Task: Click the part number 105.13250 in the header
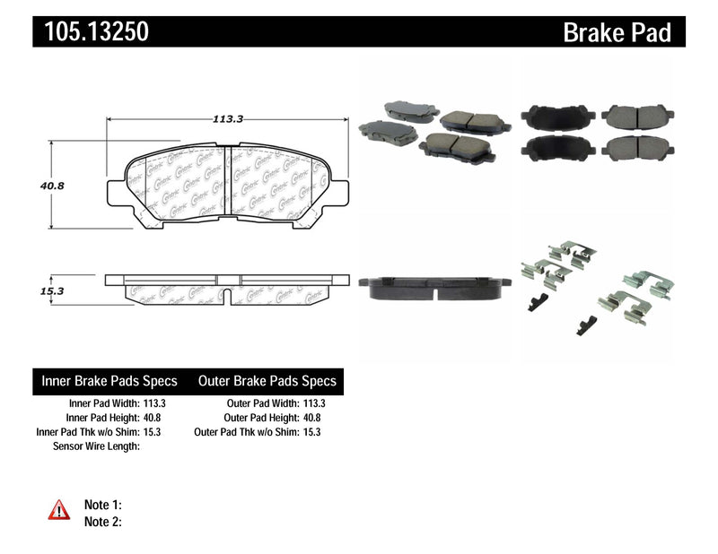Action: point(92,32)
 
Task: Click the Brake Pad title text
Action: point(617,33)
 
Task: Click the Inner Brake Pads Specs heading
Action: point(109,381)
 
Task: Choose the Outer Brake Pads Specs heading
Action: point(267,381)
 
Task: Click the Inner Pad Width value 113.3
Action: point(153,403)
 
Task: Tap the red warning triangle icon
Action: point(57,510)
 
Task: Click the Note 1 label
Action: point(102,505)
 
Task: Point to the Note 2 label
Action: point(102,521)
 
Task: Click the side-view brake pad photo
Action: point(434,286)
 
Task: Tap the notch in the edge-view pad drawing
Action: point(225,293)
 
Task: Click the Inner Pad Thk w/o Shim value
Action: point(153,432)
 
